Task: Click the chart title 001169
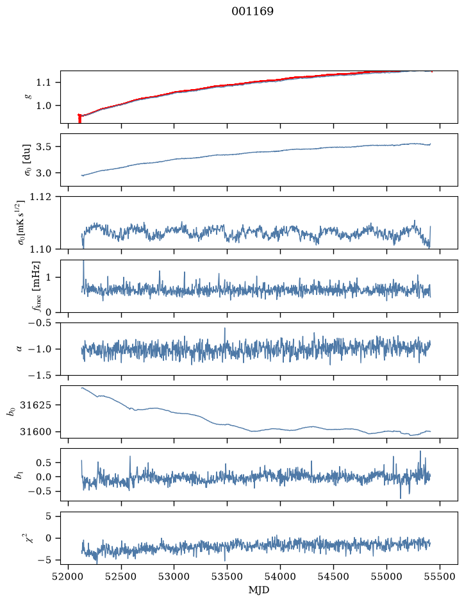pos(253,11)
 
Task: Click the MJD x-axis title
pos(259,590)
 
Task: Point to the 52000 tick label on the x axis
pos(69,576)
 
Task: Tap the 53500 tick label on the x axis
pos(228,576)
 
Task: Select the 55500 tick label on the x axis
pos(440,576)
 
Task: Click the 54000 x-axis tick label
pos(281,576)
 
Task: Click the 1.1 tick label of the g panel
pos(43,83)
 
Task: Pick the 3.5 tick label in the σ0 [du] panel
pos(43,147)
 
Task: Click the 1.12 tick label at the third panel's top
pos(40,197)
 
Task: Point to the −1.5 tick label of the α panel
pos(40,376)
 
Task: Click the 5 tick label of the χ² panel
pos(48,516)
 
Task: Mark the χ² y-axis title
pos(28,537)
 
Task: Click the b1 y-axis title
pos(17,475)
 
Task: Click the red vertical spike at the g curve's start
pos(79,119)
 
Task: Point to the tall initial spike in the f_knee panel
pos(83,274)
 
